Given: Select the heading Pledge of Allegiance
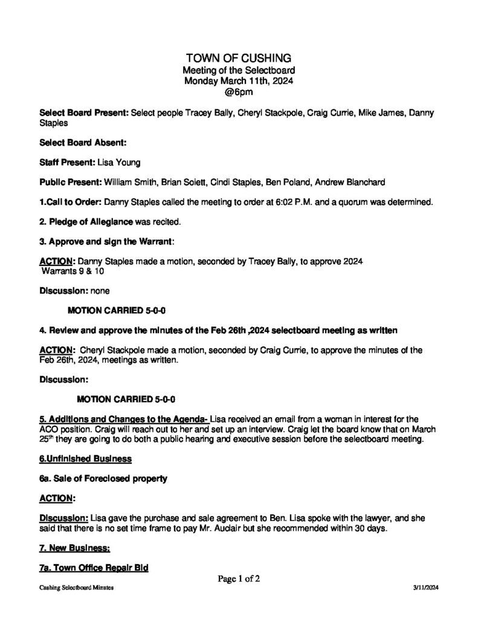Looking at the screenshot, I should [86, 221].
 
